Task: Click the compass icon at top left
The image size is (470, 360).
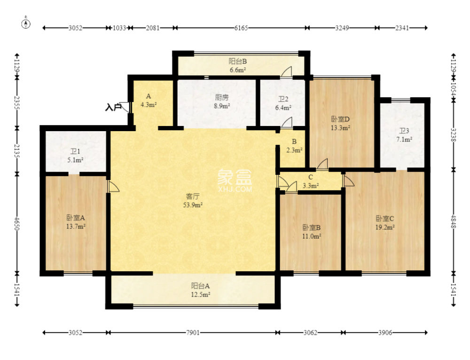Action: pos(26,23)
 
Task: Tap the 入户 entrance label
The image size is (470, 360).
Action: pos(113,107)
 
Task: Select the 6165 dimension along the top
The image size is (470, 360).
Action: pos(241,28)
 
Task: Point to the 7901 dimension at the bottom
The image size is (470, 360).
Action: pos(192,332)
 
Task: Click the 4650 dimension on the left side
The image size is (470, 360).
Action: pos(17,224)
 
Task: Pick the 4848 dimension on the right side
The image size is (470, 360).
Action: pos(453,221)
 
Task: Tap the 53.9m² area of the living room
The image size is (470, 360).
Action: pos(193,205)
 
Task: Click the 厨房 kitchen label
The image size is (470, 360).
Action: pos(222,97)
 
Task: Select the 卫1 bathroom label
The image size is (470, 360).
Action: pos(75,152)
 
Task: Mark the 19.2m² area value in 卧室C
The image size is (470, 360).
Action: pos(385,227)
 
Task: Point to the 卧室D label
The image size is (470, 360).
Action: pos(340,119)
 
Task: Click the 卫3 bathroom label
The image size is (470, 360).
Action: pos(404,131)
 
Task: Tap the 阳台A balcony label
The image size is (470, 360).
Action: pos(201,286)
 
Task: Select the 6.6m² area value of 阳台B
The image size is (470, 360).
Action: pos(238,70)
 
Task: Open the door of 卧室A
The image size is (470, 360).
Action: pos(113,186)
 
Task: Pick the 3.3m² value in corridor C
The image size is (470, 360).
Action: pos(311,186)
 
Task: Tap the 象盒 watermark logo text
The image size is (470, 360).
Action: pos(235,177)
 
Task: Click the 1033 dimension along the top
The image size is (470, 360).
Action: pos(119,28)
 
